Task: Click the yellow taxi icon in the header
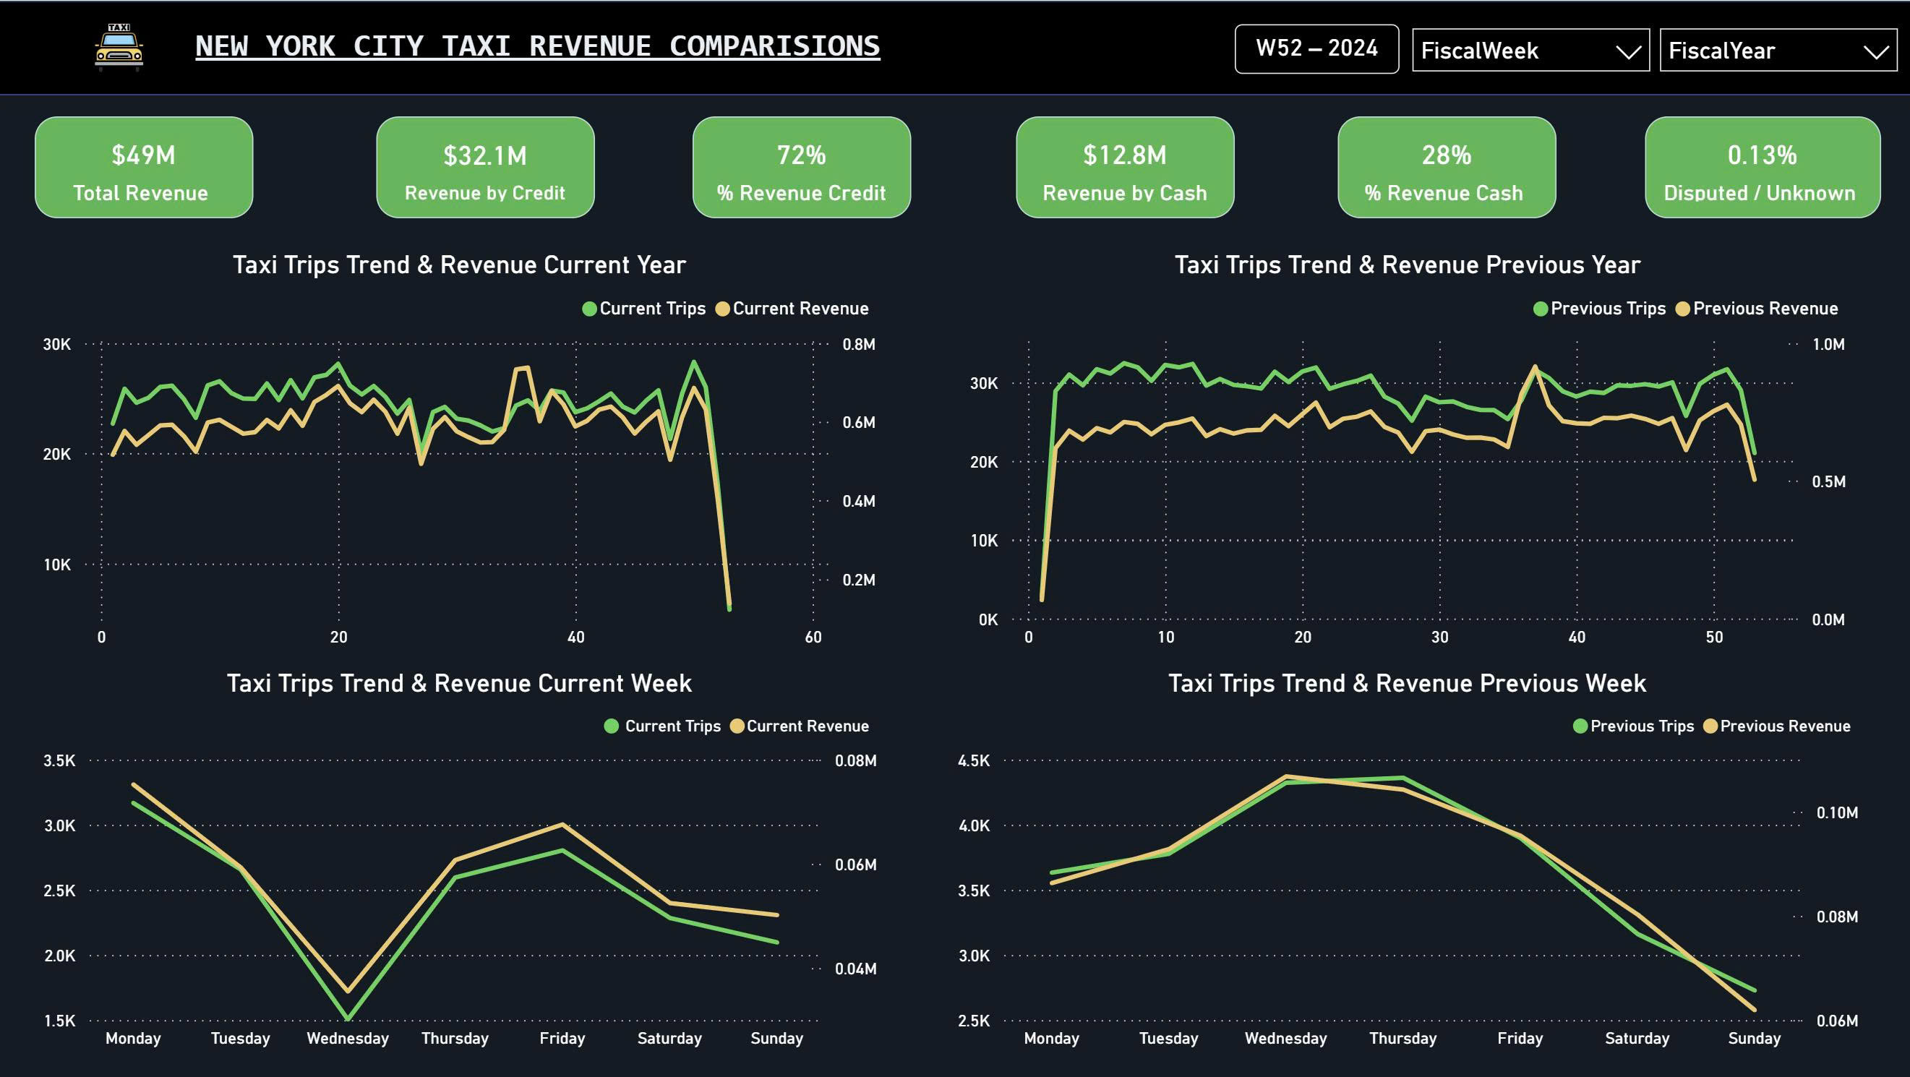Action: pos(119,48)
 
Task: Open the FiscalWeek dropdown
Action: pos(1530,51)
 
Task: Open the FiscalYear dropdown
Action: pos(1777,51)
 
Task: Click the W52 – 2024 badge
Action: pos(1316,48)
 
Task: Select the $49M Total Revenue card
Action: pos(143,168)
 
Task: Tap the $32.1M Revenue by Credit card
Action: pos(485,168)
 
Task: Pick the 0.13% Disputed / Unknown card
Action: pos(1762,168)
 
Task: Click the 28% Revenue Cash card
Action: pos(1446,168)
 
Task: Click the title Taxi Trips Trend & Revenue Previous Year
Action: pos(1407,265)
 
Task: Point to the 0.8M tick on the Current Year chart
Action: pos(858,345)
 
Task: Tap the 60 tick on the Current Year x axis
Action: pos(813,638)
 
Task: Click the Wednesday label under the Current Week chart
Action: pos(348,1039)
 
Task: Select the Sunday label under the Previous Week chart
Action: pos(1754,1039)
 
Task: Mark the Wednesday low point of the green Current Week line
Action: pos(348,1019)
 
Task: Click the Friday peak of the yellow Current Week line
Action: pos(562,824)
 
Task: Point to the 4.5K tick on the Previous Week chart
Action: pos(974,760)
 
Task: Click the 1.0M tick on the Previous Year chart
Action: pos(1828,345)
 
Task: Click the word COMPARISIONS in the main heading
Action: pos(774,46)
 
